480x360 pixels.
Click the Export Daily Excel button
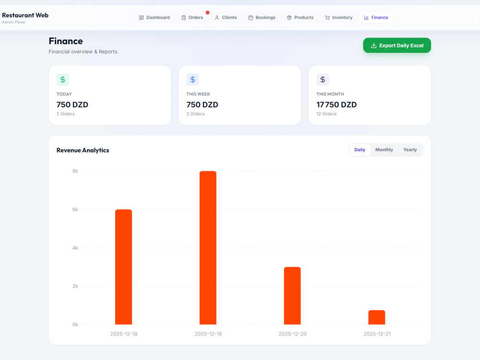click(x=397, y=45)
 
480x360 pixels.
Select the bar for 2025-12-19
click(x=208, y=248)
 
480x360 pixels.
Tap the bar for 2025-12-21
click(x=376, y=317)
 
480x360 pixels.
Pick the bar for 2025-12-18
click(x=123, y=267)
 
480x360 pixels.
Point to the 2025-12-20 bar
click(x=292, y=296)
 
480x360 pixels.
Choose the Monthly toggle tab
click(x=384, y=150)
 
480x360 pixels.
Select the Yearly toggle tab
click(x=410, y=150)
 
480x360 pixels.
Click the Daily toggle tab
click(x=360, y=150)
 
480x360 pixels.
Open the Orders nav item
click(x=192, y=17)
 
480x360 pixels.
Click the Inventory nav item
click(x=338, y=17)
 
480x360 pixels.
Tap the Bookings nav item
click(x=262, y=17)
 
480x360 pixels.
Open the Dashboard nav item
click(x=154, y=17)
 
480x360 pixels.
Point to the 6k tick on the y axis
click(x=75, y=210)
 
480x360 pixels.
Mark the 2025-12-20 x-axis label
click(x=292, y=334)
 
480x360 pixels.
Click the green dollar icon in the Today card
click(x=63, y=80)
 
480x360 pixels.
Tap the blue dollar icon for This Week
click(x=192, y=80)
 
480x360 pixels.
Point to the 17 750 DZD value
click(x=336, y=105)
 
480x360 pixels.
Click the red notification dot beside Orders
click(x=207, y=12)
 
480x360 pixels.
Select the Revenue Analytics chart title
click(x=83, y=150)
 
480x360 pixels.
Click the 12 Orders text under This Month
click(x=326, y=114)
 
